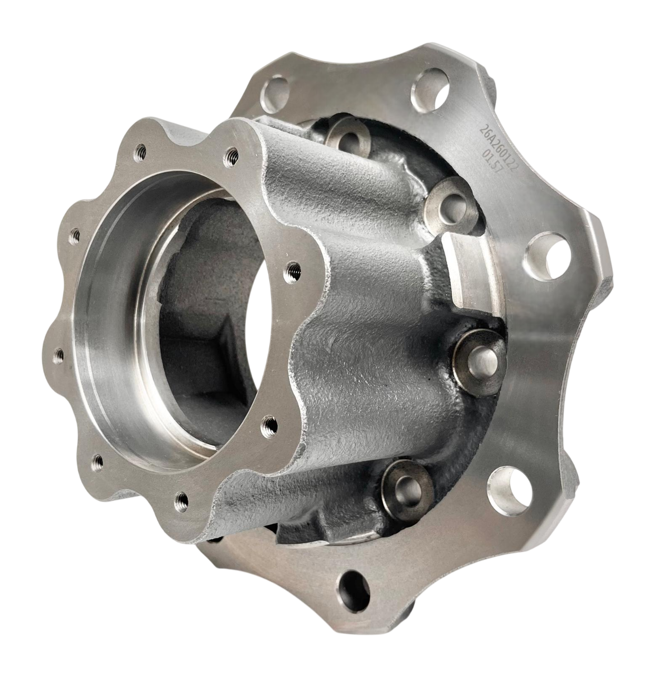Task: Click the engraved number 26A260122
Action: (x=499, y=150)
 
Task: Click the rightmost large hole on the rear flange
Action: (x=548, y=255)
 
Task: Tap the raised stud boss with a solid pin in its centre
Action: (x=479, y=361)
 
